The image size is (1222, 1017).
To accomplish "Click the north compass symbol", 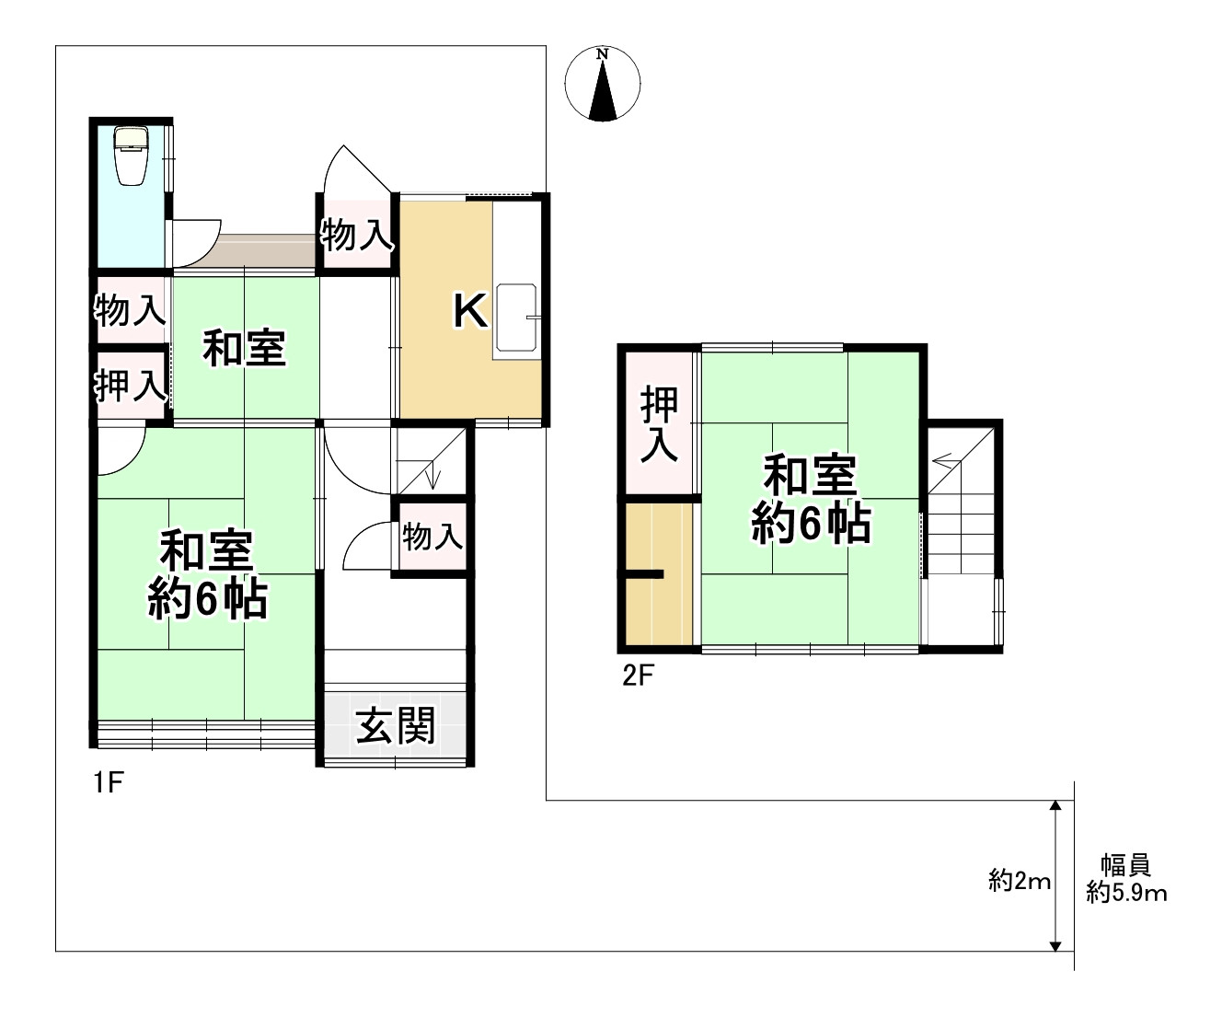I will [603, 85].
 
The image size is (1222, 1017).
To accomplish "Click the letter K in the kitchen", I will [469, 312].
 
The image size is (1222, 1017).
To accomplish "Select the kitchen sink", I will [516, 321].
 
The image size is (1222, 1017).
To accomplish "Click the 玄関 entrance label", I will [396, 726].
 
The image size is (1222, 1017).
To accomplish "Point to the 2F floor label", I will [637, 676].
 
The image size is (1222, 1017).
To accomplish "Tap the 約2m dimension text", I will [1019, 882].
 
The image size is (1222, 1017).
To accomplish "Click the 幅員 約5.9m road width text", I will [1126, 879].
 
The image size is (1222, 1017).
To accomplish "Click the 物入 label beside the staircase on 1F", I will [431, 536].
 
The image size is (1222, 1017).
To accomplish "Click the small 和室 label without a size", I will [244, 349].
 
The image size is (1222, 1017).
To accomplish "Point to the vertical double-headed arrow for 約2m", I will [1055, 875].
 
